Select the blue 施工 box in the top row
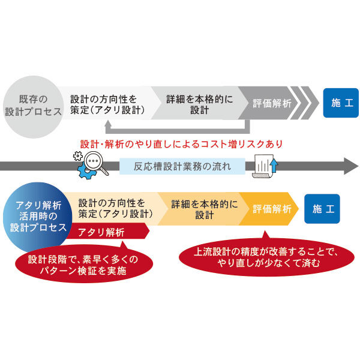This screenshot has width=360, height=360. coord(341,103)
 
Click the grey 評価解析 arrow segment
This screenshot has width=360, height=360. coord(272,103)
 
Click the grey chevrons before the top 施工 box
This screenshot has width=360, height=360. coord(309,103)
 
